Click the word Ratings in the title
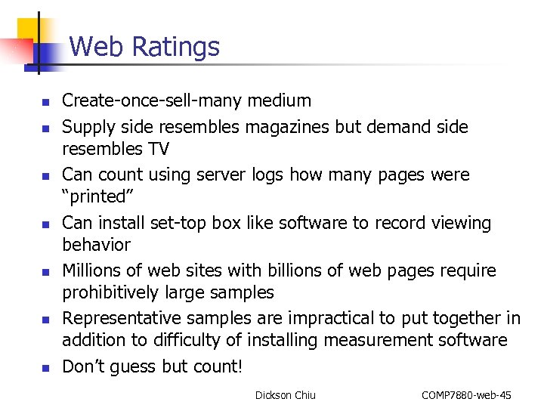[175, 47]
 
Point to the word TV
[157, 149]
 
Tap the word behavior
[96, 245]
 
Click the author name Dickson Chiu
[286, 395]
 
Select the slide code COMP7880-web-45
[466, 395]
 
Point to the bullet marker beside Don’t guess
[45, 369]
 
